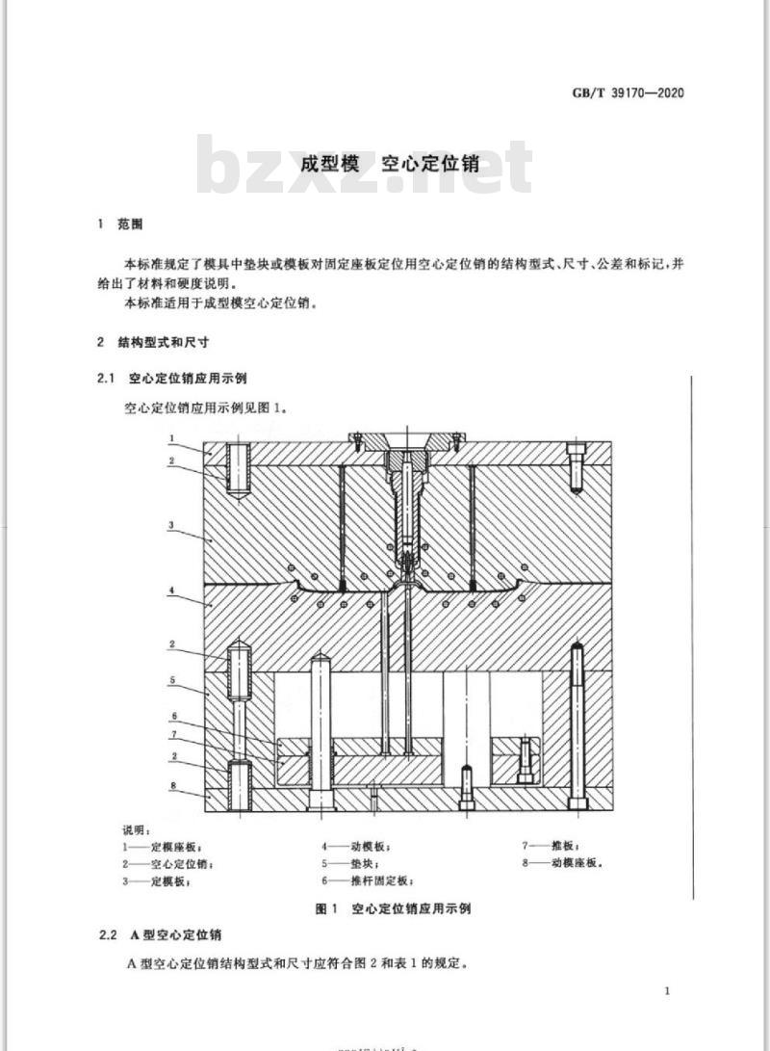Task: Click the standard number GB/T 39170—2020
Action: [x=629, y=93]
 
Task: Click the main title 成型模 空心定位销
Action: [x=389, y=164]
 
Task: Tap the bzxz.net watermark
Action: [x=364, y=166]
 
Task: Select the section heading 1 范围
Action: [x=120, y=224]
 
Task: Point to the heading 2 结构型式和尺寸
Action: [x=153, y=343]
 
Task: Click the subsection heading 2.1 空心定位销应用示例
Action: [x=172, y=379]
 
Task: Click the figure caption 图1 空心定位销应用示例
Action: [x=393, y=908]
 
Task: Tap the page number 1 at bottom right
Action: [x=667, y=990]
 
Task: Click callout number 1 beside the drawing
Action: [x=172, y=438]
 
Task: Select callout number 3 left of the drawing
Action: [x=171, y=525]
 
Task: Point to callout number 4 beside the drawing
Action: [x=172, y=591]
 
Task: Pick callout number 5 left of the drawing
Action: [x=172, y=680]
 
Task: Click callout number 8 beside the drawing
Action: [x=172, y=785]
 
